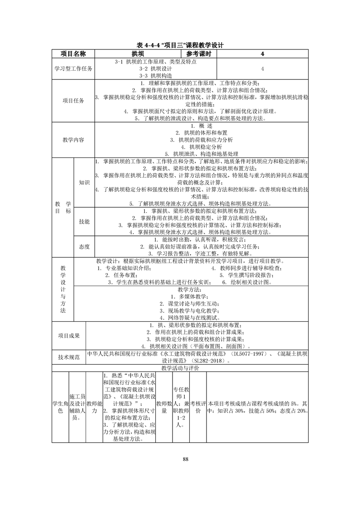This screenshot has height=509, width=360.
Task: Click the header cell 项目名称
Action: [73, 54]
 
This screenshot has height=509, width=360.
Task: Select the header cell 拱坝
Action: [138, 54]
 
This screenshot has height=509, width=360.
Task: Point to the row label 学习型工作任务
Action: [73, 69]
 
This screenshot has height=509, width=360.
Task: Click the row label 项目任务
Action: [73, 101]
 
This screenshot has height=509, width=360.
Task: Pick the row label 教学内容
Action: [73, 140]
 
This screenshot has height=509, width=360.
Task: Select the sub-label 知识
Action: [84, 182]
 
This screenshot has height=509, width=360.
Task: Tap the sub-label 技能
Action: [84, 221]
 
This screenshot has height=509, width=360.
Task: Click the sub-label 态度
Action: [84, 246]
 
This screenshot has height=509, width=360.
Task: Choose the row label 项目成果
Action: [69, 335]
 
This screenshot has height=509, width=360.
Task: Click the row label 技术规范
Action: [69, 357]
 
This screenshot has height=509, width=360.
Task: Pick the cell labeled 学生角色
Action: [60, 407]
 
